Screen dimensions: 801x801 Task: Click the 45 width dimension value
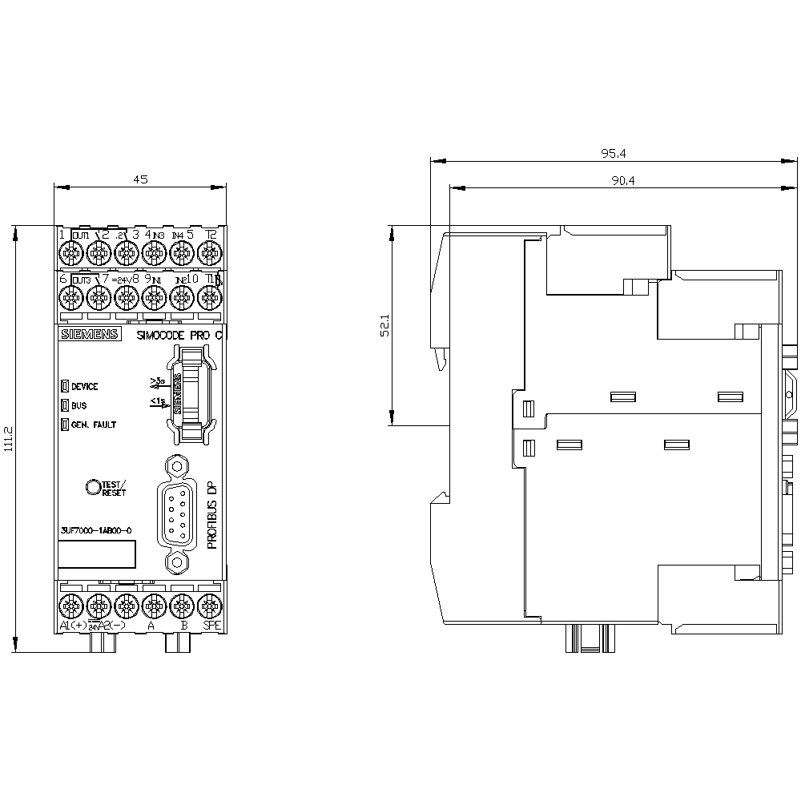point(140,180)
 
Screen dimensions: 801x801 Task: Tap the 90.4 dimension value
point(623,181)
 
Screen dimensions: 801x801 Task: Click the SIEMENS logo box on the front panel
point(89,336)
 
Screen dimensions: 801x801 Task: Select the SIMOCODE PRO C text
point(178,336)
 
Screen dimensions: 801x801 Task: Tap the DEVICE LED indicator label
point(84,386)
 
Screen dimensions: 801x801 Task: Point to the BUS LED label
point(78,405)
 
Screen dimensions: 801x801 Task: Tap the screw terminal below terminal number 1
point(70,254)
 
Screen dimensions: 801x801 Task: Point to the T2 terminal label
point(211,234)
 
